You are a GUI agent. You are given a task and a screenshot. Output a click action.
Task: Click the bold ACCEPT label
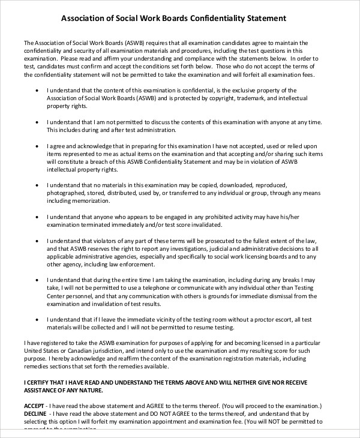point(34,404)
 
